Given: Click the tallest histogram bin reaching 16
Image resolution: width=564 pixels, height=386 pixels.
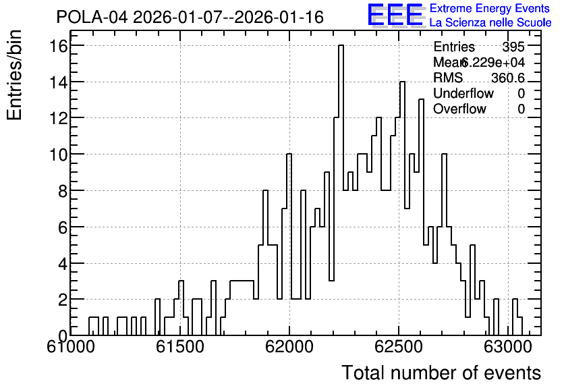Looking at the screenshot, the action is click(x=341, y=46).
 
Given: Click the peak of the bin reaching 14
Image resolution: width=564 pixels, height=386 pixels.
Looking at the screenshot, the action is click(x=403, y=82).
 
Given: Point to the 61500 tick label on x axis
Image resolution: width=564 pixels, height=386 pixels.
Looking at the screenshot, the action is click(x=180, y=348).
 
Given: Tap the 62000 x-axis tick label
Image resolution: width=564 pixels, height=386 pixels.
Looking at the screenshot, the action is click(x=289, y=348).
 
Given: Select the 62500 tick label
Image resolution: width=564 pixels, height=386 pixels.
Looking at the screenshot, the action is click(x=399, y=348).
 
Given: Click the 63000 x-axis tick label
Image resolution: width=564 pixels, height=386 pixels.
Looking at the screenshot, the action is click(x=507, y=348).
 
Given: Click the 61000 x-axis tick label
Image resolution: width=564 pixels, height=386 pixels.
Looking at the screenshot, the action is click(x=71, y=348).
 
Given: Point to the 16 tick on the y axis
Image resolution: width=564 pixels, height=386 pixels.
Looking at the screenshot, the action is click(x=59, y=46).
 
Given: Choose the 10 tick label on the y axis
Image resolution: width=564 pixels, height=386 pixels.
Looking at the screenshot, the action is click(x=59, y=155).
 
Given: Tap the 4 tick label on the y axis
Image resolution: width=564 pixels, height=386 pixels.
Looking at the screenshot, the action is click(x=63, y=264).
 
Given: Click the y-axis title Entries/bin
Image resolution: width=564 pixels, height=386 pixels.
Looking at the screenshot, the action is click(x=14, y=76).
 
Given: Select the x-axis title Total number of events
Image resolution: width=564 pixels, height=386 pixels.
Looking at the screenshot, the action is click(x=441, y=373).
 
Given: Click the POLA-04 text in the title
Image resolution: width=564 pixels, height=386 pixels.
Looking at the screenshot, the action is click(x=92, y=17).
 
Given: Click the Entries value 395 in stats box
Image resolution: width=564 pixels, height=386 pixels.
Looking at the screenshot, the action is click(x=513, y=47).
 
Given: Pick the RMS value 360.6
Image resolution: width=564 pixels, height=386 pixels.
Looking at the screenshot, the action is click(x=508, y=78).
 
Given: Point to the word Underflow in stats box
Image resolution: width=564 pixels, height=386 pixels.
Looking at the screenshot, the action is click(x=463, y=93).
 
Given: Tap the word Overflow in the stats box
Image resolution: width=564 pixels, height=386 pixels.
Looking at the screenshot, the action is click(x=459, y=109).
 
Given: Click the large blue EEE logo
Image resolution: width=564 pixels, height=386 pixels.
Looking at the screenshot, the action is click(x=395, y=16).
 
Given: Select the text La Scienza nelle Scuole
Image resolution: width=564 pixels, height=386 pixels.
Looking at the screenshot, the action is click(x=490, y=23).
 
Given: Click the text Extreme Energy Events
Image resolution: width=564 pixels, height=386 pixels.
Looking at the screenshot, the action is click(x=490, y=8).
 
